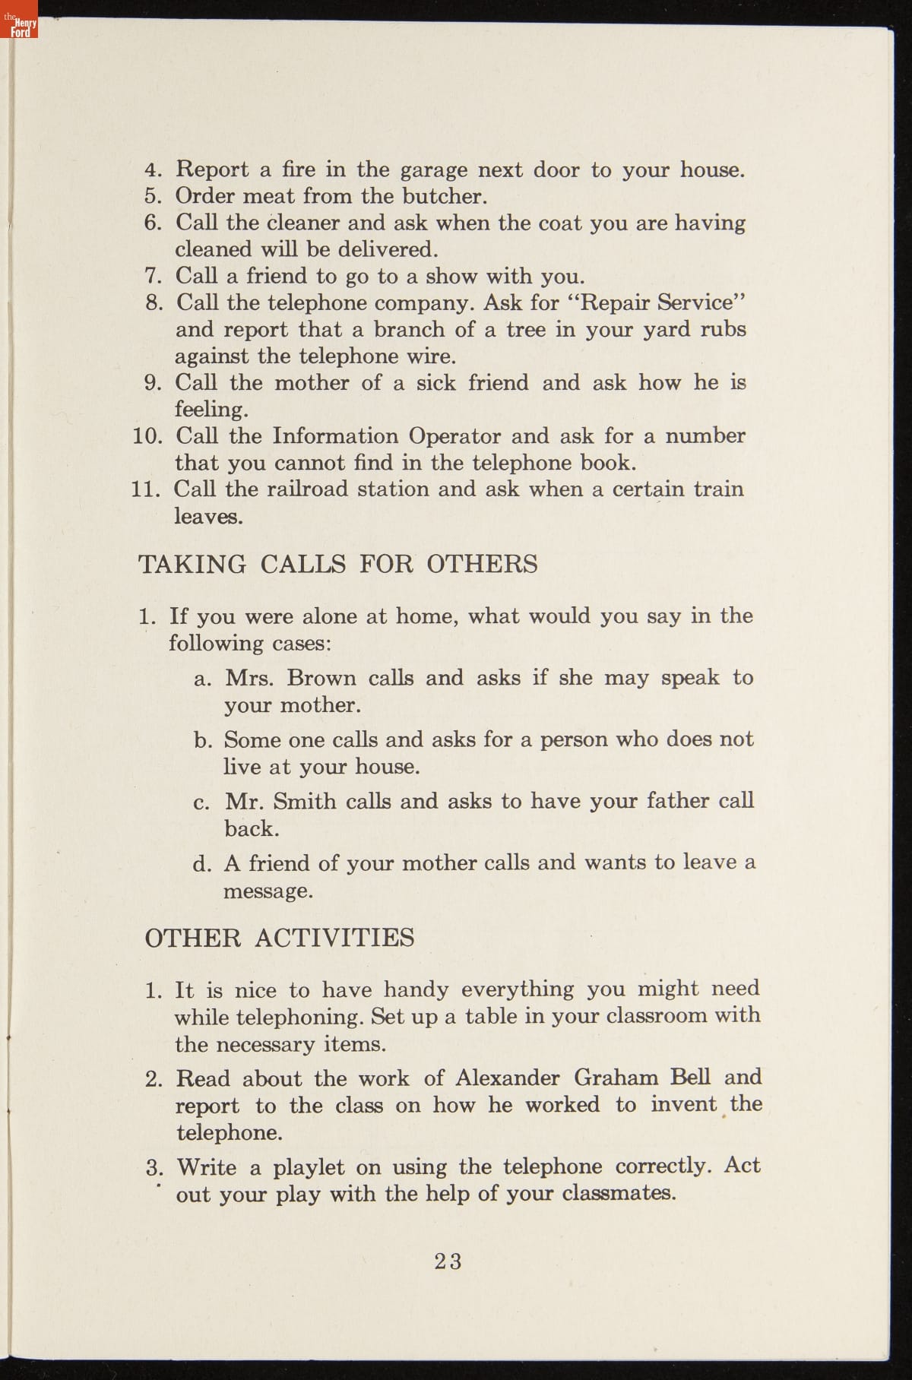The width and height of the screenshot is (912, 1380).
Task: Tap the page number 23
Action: (x=448, y=1261)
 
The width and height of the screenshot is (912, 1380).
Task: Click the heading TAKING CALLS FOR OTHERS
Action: (x=337, y=564)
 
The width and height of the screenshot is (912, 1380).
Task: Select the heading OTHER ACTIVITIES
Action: (x=280, y=937)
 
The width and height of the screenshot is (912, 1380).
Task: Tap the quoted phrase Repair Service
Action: (x=656, y=302)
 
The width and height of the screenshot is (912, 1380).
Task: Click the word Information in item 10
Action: (x=335, y=436)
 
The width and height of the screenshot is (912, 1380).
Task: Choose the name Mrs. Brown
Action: (x=290, y=678)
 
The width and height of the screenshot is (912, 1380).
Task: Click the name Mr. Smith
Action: (x=280, y=801)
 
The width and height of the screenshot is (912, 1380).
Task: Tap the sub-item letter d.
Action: (x=201, y=864)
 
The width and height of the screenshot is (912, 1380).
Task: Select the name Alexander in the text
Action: (x=507, y=1078)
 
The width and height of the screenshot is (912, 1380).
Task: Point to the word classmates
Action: (x=618, y=1193)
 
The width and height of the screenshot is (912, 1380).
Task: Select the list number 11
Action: (x=145, y=489)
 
